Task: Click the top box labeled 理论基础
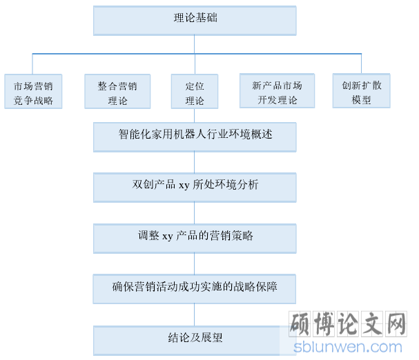tap(195, 21)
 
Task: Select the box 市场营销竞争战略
tap(33, 91)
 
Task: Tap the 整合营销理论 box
tap(117, 91)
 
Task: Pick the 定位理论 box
tap(195, 91)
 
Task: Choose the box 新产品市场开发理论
tap(277, 91)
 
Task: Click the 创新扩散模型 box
tap(361, 91)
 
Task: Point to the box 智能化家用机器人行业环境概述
tap(195, 137)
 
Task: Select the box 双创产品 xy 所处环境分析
tap(195, 188)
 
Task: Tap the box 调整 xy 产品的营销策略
tap(195, 239)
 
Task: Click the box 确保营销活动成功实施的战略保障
tap(195, 289)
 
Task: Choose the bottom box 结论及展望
tap(195, 341)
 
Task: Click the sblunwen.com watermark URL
tap(348, 347)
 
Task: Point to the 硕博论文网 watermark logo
tap(348, 323)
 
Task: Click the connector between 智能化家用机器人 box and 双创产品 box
tap(194, 162)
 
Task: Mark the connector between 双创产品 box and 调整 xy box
tap(194, 213)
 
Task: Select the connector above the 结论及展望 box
tap(194, 315)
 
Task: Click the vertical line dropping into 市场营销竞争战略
tap(32, 64)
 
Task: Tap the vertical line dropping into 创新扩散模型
tap(361, 64)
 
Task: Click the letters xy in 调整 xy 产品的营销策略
tap(168, 237)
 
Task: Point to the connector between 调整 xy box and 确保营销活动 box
tap(194, 264)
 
